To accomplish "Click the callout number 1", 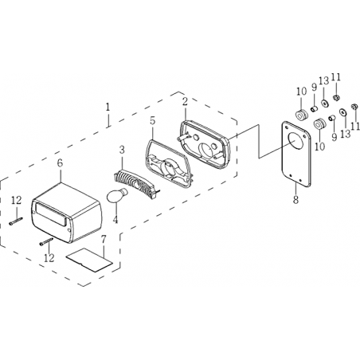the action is (108, 107).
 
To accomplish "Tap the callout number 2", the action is (185, 101).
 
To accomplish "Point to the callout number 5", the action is (152, 120).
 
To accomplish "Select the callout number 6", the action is (61, 163).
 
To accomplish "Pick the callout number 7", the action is (104, 239).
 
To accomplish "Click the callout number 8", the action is (295, 199).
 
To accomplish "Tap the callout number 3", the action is (122, 150).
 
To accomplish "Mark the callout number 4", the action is (115, 220).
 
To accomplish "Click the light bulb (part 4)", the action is (117, 195).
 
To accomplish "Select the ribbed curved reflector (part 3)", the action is (136, 183).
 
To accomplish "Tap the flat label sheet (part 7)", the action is (89, 260).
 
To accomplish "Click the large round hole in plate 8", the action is (295, 141).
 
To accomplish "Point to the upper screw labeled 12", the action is (16, 221).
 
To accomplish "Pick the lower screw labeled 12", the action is (46, 242).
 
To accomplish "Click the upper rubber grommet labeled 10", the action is (302, 115).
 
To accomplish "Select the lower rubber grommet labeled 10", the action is (320, 124).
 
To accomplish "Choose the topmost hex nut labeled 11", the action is (336, 98).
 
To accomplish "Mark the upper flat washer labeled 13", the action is (324, 103).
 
